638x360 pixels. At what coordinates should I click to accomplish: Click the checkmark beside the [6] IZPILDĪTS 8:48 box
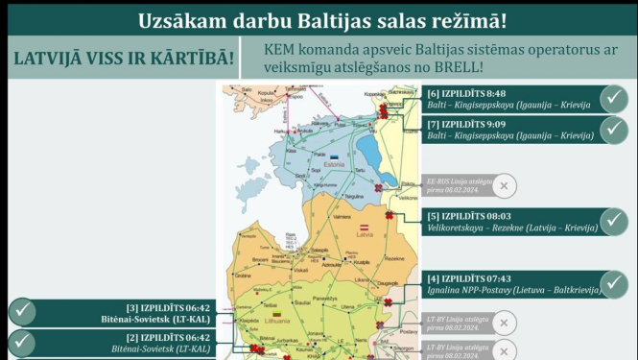point(614,99)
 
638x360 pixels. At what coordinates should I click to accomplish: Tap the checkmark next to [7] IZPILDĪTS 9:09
point(614,130)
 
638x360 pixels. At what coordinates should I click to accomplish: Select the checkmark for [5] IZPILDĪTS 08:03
point(614,222)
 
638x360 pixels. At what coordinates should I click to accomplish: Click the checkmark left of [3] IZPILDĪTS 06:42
point(22,312)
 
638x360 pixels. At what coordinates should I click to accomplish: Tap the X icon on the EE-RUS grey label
point(506,185)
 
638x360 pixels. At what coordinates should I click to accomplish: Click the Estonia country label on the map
point(335,164)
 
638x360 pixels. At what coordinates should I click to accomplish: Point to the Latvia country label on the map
point(365,237)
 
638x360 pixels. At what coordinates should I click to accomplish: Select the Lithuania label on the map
point(278,324)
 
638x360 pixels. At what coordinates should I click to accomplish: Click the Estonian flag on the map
point(334,156)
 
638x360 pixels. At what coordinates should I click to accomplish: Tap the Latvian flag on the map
point(365,228)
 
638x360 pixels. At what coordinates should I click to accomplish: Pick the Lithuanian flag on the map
point(277,315)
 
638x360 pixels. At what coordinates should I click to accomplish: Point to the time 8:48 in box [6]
point(493,93)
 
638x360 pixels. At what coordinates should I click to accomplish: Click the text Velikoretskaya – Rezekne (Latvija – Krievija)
point(513,228)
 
